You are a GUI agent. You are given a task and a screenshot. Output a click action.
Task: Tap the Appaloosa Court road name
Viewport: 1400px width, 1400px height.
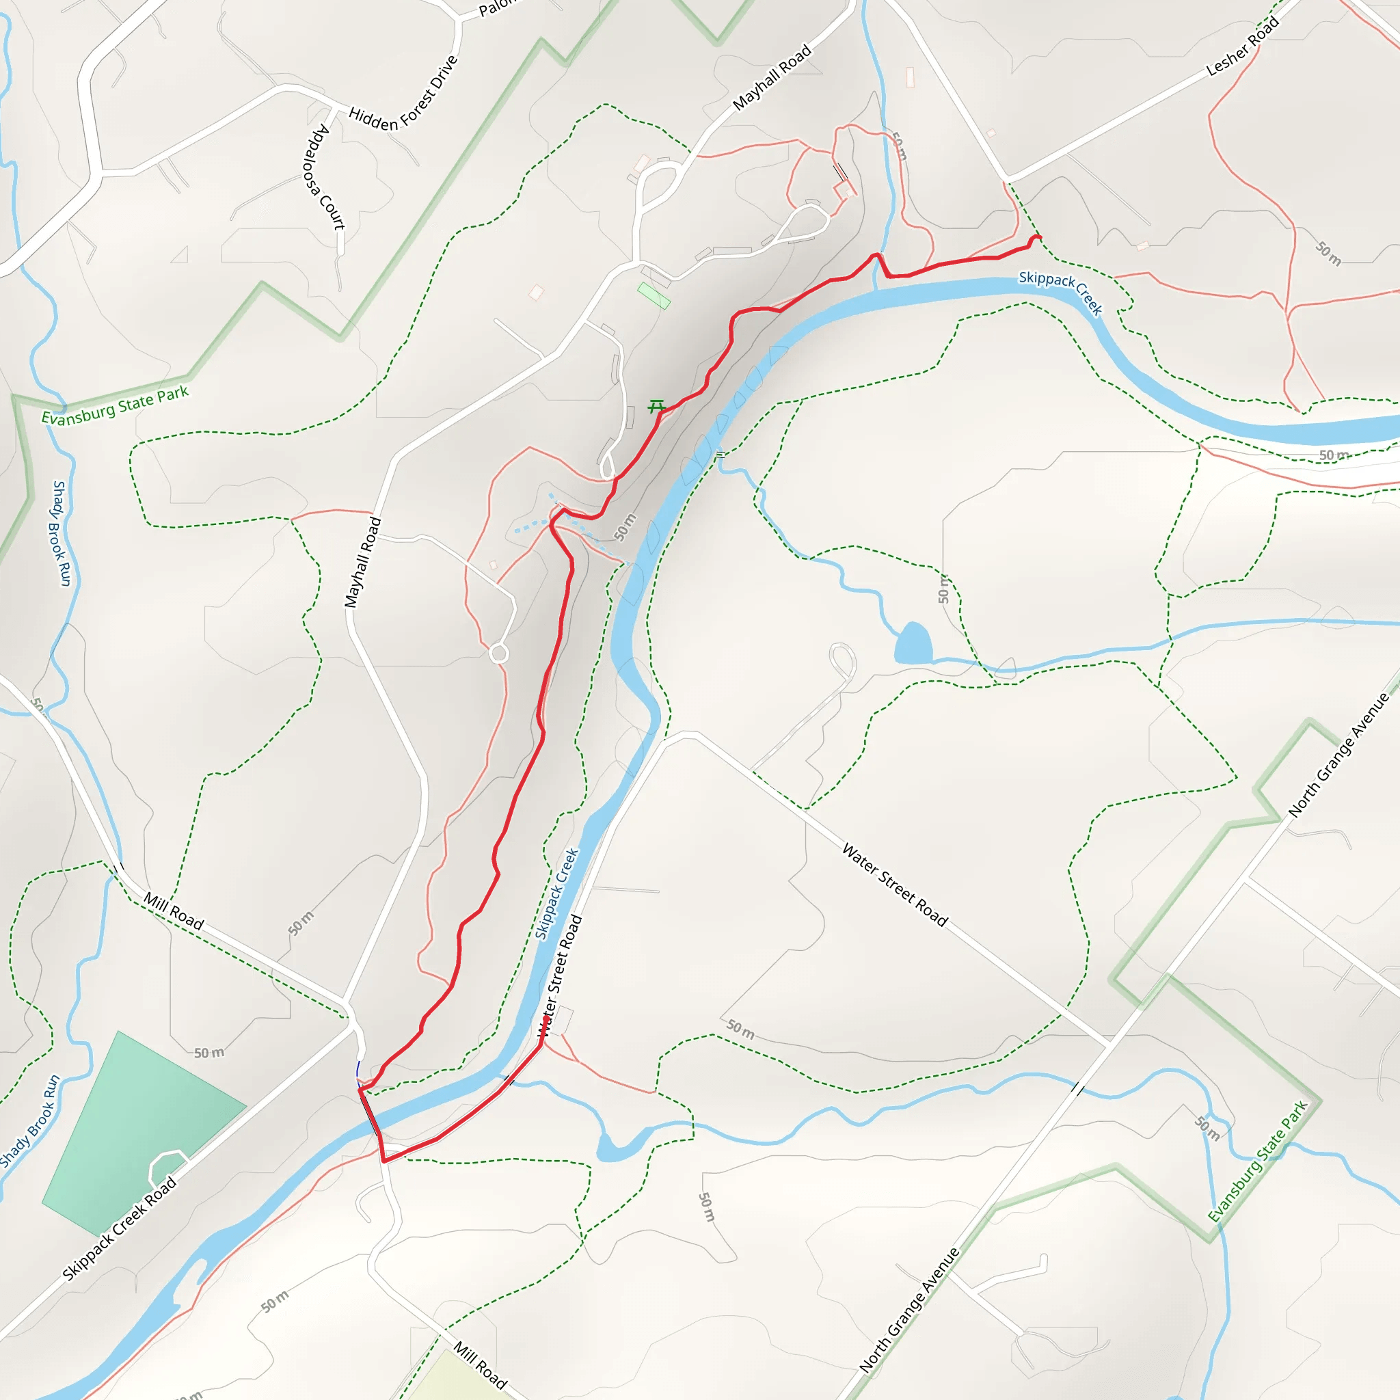(325, 177)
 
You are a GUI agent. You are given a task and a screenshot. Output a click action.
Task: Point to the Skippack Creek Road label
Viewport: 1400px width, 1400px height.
(120, 1228)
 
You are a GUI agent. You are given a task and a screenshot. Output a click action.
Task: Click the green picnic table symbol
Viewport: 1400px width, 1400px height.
(656, 407)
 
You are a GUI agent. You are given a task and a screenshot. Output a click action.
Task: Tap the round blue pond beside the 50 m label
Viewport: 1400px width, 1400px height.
(913, 643)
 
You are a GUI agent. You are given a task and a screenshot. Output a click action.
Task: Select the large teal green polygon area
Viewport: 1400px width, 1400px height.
(137, 1131)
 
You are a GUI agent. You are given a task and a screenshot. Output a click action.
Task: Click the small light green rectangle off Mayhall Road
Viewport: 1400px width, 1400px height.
(654, 295)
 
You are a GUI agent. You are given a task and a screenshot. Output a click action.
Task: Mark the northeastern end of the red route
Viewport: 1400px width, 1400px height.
(1040, 237)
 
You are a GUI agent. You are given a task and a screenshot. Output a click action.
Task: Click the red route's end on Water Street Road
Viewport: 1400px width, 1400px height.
(546, 1018)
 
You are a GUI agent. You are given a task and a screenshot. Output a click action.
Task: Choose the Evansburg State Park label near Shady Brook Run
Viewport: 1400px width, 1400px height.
(114, 407)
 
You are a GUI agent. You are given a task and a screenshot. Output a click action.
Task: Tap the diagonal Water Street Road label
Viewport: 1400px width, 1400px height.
(895, 885)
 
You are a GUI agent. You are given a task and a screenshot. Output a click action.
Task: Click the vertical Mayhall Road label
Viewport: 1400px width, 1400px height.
(362, 563)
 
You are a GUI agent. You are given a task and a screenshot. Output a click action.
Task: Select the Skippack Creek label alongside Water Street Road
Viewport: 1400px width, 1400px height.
(556, 894)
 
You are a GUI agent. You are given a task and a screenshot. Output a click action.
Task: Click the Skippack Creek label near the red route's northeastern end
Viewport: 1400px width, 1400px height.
(1061, 291)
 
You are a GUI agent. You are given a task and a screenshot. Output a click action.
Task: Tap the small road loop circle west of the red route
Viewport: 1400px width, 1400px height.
(498, 654)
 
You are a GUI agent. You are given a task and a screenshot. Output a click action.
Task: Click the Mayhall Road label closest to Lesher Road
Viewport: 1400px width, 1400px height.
(772, 77)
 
